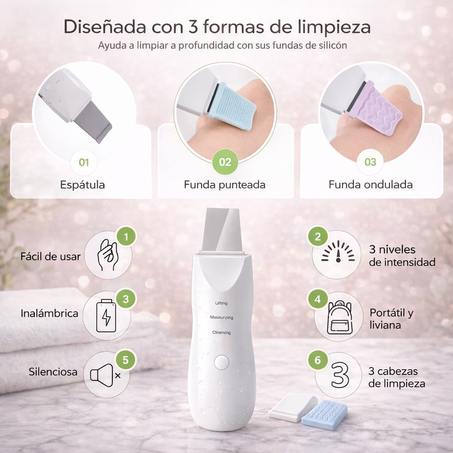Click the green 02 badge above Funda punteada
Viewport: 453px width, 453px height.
(225, 162)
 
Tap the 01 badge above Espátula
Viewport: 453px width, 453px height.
(84, 162)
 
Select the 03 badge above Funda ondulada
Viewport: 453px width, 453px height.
(370, 162)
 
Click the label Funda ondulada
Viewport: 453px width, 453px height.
(370, 184)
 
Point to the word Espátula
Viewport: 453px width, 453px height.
(82, 184)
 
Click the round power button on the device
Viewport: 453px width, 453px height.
(221, 362)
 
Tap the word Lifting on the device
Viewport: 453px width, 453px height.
(221, 303)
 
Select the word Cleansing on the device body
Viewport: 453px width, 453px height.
(222, 332)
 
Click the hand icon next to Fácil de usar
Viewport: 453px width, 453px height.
(107, 255)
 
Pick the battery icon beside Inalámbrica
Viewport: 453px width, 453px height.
(106, 315)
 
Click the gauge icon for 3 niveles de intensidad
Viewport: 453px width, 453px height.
(338, 254)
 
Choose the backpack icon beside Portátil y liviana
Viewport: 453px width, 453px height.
(339, 317)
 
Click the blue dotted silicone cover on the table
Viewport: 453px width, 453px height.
(324, 415)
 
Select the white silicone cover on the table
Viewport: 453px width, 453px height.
(292, 407)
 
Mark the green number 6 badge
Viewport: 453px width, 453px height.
(318, 360)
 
